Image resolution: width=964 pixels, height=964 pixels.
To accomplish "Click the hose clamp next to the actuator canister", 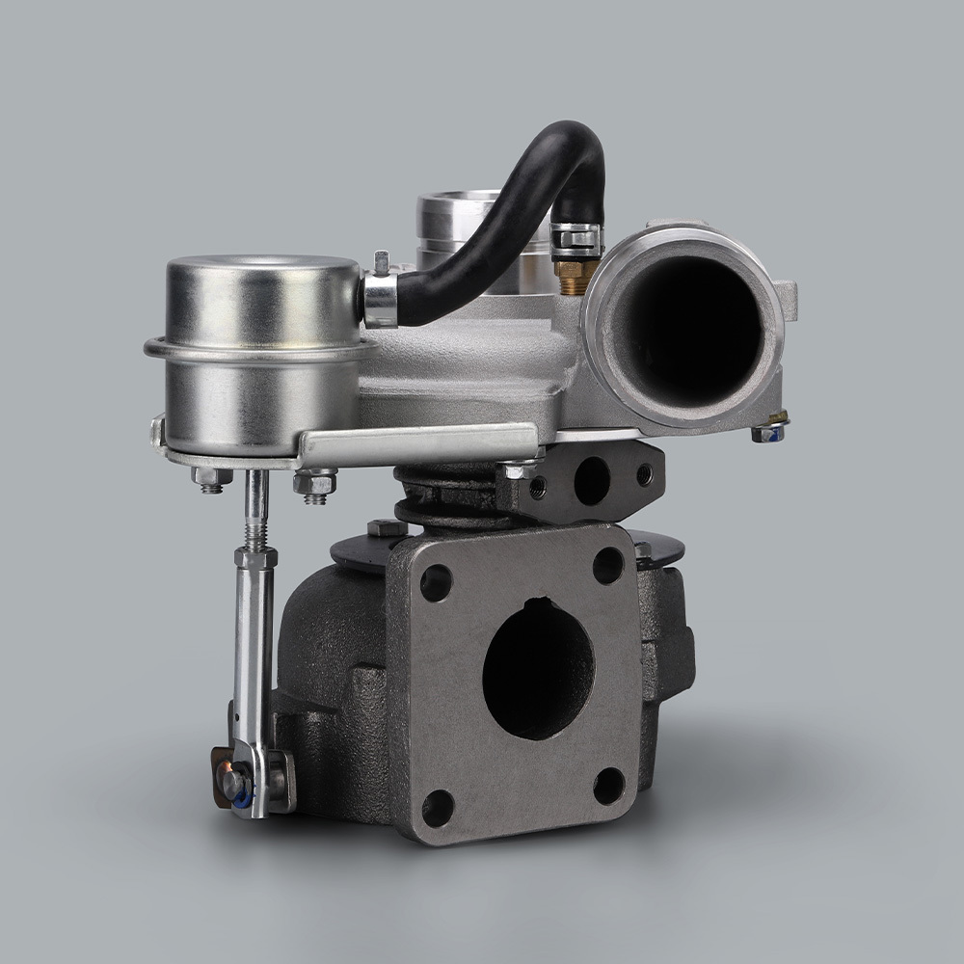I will tap(379, 300).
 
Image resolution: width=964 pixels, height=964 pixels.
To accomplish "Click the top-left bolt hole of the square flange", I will tap(436, 582).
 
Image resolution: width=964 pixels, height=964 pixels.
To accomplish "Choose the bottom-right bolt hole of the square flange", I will tap(608, 786).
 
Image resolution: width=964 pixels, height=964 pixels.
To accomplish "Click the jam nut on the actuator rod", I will tap(254, 557).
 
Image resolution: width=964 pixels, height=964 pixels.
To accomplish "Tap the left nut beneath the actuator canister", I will tap(211, 477).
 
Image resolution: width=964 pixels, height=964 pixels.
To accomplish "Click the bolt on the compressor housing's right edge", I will tap(769, 431).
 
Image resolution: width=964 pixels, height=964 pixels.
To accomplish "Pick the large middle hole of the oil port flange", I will tap(591, 480).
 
